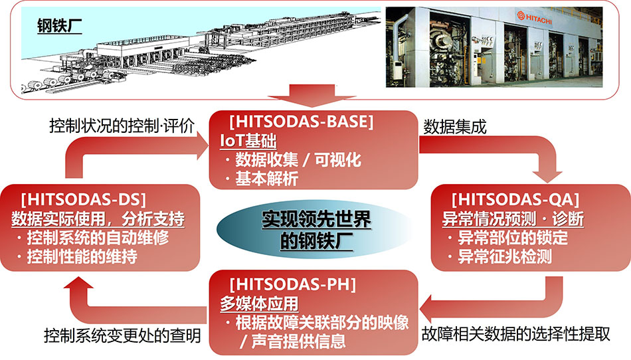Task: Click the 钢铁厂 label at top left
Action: coord(60,26)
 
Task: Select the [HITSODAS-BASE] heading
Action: coord(302,122)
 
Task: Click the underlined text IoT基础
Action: coord(248,141)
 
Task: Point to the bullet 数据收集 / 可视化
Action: coord(294,160)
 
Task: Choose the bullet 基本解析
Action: coord(262,178)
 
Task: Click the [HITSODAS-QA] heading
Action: coord(515,199)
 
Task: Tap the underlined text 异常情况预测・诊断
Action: coord(513,219)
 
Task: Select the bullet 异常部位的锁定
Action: coord(508,238)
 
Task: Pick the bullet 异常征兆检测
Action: coord(500,256)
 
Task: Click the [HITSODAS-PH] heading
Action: coord(293,284)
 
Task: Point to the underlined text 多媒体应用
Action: coord(259,304)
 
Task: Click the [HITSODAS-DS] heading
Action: coord(83,199)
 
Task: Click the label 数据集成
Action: coord(455,127)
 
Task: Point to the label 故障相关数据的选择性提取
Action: coord(516,334)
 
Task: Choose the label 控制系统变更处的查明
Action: coord(122,335)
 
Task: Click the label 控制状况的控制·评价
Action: coord(122,126)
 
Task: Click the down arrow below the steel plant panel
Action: coord(312,96)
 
